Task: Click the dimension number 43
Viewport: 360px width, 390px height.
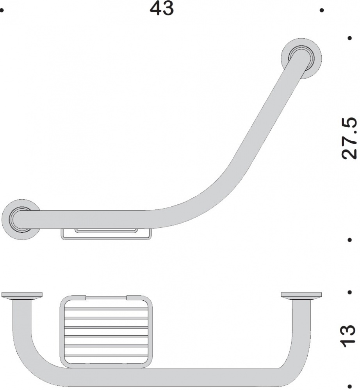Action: (x=162, y=8)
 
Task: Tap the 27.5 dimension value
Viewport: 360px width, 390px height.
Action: (x=349, y=138)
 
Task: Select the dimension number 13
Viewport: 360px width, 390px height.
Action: (x=348, y=335)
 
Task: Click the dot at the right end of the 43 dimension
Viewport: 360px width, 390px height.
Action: (x=322, y=10)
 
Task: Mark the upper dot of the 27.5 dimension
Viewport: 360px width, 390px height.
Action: (x=350, y=38)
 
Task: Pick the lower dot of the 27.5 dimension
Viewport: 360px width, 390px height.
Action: (x=350, y=240)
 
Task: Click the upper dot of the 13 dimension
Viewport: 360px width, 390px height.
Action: (x=350, y=292)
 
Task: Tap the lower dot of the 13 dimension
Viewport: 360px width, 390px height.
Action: (x=350, y=386)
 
